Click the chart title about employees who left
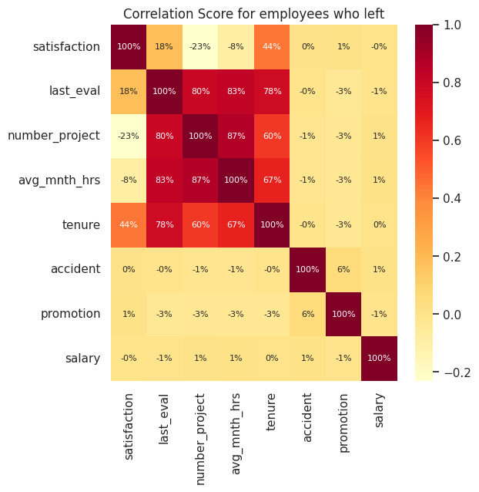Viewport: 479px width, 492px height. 253,13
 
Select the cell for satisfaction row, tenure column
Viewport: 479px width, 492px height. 272,47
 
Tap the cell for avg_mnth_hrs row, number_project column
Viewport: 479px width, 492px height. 200,180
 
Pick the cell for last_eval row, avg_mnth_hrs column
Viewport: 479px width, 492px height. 236,91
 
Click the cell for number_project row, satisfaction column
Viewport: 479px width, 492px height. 129,136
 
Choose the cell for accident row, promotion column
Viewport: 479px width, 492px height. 343,269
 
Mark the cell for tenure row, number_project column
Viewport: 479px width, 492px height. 200,224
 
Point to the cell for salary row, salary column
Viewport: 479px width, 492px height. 379,358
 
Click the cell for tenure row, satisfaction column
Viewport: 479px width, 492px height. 129,224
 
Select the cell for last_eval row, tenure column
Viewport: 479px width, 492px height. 272,91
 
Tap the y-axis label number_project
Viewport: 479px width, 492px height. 54,136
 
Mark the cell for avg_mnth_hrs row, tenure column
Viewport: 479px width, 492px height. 272,180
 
